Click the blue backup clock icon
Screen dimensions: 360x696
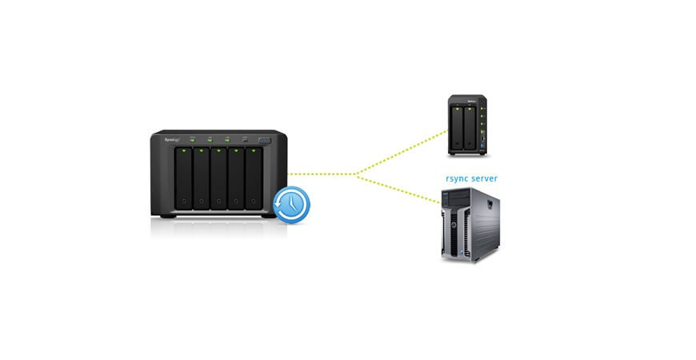(x=292, y=205)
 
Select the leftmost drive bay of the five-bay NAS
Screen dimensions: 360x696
(x=183, y=178)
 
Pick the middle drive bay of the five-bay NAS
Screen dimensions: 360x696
(x=218, y=178)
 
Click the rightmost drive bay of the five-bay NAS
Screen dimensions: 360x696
(x=254, y=178)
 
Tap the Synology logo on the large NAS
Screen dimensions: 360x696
(x=173, y=139)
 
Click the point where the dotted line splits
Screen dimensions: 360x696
(x=357, y=174)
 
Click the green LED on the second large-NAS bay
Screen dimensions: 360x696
(x=202, y=150)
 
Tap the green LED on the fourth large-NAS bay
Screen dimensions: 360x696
(x=237, y=150)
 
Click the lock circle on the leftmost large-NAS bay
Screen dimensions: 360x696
(x=183, y=201)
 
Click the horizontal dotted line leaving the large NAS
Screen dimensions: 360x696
(x=320, y=174)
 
